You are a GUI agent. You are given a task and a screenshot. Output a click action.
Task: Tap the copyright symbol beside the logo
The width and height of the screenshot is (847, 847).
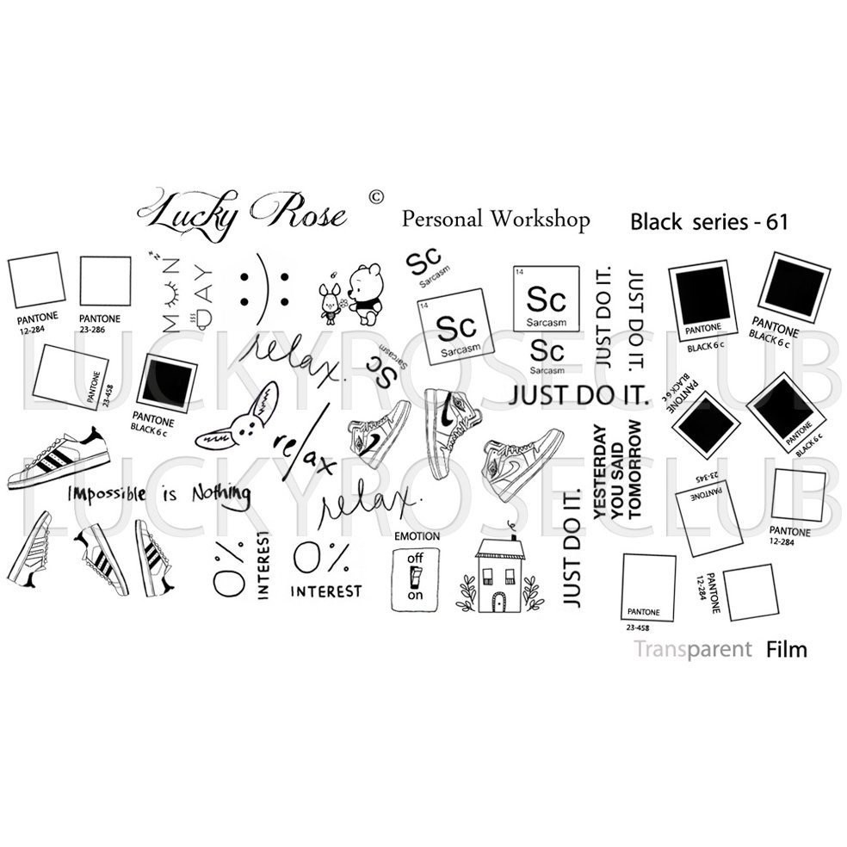[x=374, y=197]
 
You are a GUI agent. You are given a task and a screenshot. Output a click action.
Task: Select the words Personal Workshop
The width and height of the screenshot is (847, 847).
[x=496, y=219]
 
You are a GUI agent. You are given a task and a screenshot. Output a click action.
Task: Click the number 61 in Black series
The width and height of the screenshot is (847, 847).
[x=777, y=222]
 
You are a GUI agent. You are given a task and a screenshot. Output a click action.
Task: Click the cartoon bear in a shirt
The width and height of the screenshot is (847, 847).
[x=365, y=296]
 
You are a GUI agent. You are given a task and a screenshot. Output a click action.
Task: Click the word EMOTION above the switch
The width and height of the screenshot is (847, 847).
[x=417, y=536]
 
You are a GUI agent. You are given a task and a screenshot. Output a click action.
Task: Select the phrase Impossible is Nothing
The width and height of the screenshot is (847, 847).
[x=159, y=493]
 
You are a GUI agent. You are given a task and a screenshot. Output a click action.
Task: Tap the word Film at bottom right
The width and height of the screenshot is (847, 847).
[x=786, y=649]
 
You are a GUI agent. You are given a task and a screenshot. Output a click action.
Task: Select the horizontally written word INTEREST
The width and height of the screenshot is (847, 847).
[x=325, y=591]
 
